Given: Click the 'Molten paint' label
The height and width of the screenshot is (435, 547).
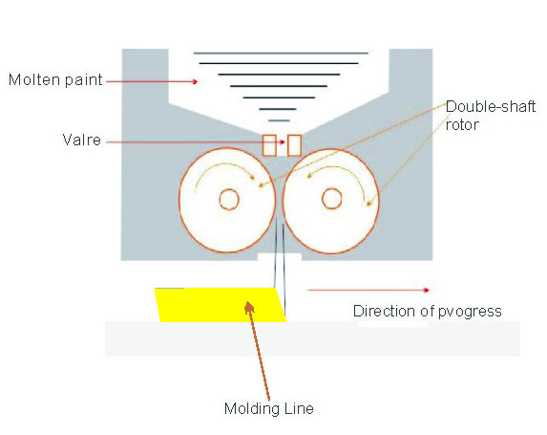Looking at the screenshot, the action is (55, 80).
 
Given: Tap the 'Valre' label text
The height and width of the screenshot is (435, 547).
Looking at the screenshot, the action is (82, 141).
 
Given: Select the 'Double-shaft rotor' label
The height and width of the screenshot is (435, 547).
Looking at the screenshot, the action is (491, 116).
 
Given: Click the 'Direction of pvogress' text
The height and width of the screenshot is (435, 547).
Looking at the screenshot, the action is (428, 312).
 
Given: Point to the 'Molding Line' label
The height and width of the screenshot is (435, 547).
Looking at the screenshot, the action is (269, 409).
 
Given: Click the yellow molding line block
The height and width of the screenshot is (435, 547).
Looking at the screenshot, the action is (221, 305).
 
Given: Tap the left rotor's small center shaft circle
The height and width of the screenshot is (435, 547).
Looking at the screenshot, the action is (229, 199).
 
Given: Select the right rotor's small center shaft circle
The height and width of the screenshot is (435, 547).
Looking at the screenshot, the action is (332, 199).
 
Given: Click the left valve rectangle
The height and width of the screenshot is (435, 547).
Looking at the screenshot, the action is (269, 145).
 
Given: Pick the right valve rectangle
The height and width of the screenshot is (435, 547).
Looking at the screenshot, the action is (294, 145).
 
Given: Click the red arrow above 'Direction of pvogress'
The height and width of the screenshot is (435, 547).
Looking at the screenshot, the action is (368, 290).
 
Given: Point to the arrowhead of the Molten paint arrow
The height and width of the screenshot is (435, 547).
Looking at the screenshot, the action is (195, 81).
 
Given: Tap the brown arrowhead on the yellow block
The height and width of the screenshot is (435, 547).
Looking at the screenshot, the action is (249, 307).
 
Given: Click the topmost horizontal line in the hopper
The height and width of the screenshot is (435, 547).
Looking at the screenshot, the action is (281, 54).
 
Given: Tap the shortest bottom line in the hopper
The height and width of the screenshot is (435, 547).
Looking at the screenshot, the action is (279, 120).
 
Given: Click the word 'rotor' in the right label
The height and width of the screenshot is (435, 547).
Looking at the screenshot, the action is (462, 124).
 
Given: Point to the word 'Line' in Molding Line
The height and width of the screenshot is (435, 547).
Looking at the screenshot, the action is (299, 408).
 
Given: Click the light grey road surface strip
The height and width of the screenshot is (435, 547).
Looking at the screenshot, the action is (312, 338).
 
